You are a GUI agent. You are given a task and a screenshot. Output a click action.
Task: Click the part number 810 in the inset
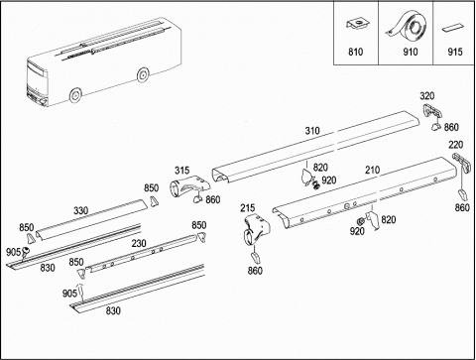click(355, 52)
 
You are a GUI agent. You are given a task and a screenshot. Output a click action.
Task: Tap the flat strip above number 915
click(454, 28)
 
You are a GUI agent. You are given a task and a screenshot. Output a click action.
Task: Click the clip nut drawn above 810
click(358, 24)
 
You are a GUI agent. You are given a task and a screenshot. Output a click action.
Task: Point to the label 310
click(312, 131)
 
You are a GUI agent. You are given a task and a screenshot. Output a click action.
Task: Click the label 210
click(373, 170)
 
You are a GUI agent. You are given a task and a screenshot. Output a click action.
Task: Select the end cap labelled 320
click(431, 111)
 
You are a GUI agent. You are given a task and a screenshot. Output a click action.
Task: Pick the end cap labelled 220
click(461, 162)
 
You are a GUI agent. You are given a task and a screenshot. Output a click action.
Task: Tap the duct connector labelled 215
click(256, 229)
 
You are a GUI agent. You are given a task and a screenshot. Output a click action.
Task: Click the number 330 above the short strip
click(80, 210)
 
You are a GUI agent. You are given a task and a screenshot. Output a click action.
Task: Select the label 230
click(139, 243)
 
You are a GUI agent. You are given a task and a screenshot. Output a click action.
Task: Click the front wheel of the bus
click(75, 95)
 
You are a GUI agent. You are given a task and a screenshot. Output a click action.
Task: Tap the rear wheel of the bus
click(143, 75)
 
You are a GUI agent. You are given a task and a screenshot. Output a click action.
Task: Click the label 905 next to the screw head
click(13, 252)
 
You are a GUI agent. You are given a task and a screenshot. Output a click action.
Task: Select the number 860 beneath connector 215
click(255, 271)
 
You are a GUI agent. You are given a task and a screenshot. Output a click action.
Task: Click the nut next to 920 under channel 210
click(361, 221)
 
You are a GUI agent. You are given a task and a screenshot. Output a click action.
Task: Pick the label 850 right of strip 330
click(151, 187)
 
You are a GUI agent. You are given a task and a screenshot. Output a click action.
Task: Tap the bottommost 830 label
click(113, 310)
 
